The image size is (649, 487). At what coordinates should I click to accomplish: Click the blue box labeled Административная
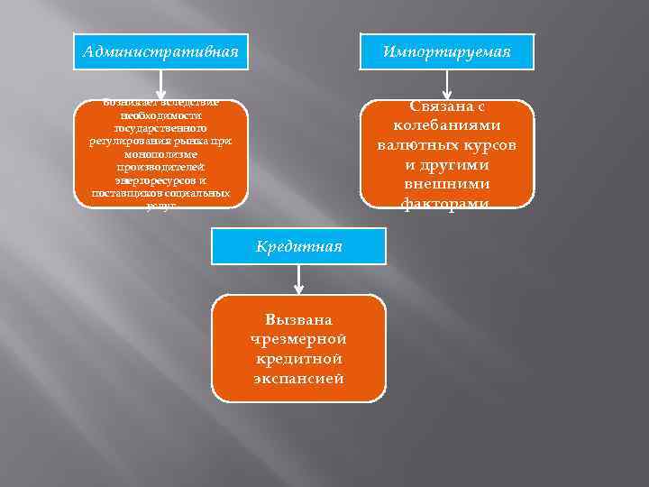coord(160,51)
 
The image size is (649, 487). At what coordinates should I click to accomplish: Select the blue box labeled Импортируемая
coord(446,51)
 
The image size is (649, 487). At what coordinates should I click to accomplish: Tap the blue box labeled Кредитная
coord(298,246)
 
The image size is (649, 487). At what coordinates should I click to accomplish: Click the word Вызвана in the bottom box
coord(298,319)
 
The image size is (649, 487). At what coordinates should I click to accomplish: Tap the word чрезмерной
coord(298,338)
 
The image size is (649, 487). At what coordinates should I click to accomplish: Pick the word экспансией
coord(298,378)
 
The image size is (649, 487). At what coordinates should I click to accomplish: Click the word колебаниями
coord(447,125)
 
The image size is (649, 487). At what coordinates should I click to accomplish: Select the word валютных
coord(416,145)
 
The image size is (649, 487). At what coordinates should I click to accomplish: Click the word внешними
coord(447,185)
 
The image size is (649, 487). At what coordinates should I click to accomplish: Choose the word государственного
coord(160,129)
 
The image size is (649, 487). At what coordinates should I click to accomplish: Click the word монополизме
coord(160,154)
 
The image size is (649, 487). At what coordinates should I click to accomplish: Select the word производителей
coord(160,168)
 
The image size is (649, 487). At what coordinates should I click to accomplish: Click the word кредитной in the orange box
coord(298,358)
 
